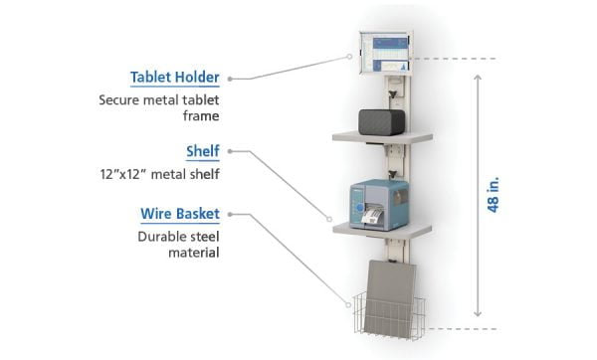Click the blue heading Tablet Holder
pos(175,78)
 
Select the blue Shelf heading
pos(202,152)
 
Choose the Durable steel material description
pos(179,246)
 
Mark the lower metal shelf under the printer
pos(382,229)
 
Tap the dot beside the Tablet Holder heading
pos(230,78)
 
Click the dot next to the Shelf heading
pos(230,152)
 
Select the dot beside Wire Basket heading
pos(230,215)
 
